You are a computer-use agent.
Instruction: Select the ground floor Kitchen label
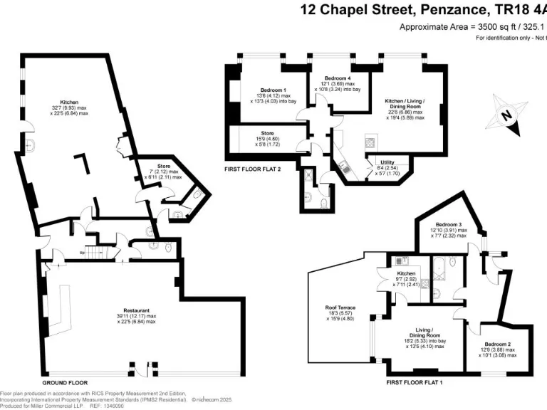[69, 102]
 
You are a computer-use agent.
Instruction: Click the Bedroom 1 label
[273, 90]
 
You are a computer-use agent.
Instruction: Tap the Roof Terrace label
[340, 307]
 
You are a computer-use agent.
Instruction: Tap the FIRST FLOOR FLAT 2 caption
[253, 170]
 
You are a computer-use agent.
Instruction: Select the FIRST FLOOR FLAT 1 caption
[415, 383]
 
